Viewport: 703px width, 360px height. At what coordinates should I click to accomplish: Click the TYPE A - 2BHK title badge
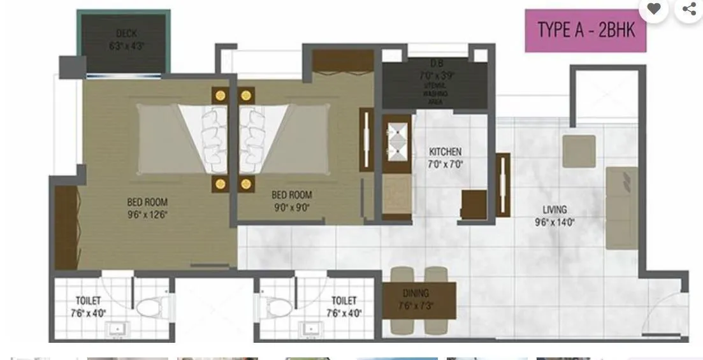586,30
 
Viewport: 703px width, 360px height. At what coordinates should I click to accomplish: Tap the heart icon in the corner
653,9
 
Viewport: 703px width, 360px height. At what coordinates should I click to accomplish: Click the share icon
689,9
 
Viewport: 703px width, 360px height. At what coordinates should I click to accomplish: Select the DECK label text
127,33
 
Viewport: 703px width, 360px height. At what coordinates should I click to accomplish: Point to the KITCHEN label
445,152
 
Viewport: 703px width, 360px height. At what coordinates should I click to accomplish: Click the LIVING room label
554,210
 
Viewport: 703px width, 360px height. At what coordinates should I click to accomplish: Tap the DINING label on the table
416,293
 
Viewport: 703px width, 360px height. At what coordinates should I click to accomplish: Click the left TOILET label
88,300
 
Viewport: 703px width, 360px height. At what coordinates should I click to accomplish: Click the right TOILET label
344,300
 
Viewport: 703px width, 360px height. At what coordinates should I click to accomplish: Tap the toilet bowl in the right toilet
278,307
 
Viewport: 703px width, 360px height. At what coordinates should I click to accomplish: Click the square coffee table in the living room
579,151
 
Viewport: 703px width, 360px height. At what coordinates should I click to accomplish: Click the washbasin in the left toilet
117,329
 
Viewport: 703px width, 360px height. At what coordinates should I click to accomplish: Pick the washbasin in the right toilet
310,329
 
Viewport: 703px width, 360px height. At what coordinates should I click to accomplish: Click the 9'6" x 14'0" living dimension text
554,222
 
